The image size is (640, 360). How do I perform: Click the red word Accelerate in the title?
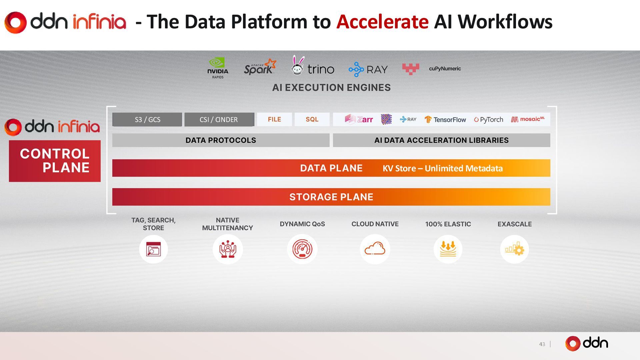(x=382, y=22)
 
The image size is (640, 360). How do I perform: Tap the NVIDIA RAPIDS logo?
(x=218, y=68)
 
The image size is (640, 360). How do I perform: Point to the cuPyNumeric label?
(x=445, y=69)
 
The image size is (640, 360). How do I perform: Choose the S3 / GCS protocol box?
(x=147, y=120)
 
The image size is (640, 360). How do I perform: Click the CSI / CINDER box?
(x=219, y=120)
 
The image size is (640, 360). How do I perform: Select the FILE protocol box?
(x=274, y=119)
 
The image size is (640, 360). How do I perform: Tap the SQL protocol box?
(x=312, y=119)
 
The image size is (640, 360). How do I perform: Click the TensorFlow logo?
(x=445, y=120)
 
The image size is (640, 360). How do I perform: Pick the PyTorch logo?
(x=488, y=120)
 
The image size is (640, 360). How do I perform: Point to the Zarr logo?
(x=359, y=119)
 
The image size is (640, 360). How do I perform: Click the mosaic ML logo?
(x=528, y=119)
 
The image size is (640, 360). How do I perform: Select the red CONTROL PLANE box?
(x=55, y=161)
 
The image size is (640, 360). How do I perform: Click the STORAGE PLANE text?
(x=331, y=197)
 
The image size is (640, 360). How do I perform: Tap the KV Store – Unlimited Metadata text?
(x=442, y=168)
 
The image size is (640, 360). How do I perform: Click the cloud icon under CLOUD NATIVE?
(x=375, y=249)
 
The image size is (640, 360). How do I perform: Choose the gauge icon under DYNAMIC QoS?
(x=302, y=249)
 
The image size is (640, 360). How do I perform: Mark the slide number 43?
(x=542, y=344)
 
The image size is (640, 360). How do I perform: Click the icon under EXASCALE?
(x=514, y=249)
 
